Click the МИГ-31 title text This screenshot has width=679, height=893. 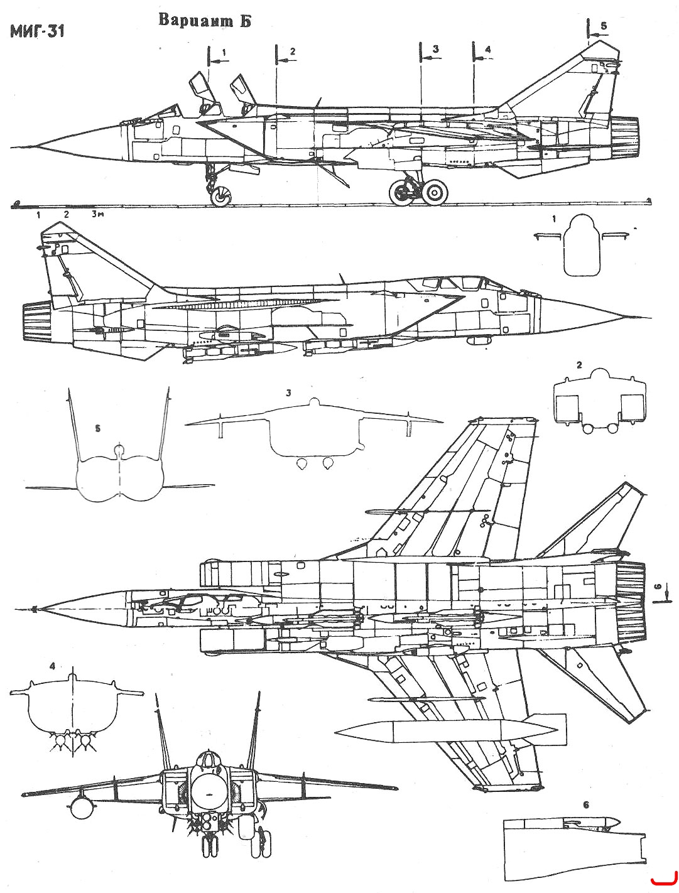37,32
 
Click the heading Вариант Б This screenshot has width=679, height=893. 204,21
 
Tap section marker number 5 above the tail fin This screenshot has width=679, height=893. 604,26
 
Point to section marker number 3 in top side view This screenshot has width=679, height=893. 435,49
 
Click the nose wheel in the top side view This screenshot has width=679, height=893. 220,197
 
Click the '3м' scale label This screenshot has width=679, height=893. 97,214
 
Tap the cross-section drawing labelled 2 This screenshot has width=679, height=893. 599,401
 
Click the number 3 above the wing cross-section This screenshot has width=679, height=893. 288,392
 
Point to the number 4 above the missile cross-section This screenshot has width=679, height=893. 52,666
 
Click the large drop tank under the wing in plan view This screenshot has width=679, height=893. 450,732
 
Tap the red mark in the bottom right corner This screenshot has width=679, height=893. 664,880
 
